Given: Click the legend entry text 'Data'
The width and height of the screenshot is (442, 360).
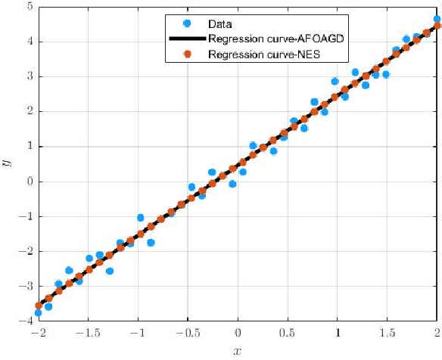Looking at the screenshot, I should tap(219, 24).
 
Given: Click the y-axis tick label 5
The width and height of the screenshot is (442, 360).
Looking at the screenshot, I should tap(29, 7).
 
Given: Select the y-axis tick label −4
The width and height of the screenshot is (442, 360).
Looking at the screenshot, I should tap(26, 321).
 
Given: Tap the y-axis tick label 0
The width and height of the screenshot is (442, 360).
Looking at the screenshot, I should tap(29, 182).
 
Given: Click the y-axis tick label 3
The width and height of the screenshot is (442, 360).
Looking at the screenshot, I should tap(29, 76).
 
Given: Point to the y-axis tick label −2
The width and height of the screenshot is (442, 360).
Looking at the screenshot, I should tap(26, 252).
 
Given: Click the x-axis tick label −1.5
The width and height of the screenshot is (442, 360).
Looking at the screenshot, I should tap(88, 334).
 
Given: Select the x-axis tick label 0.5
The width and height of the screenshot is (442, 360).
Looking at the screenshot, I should tap(288, 334).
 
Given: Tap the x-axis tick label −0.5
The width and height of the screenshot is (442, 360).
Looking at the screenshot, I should tap(188, 334).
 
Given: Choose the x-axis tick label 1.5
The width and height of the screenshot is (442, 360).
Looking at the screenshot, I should tap(388, 334).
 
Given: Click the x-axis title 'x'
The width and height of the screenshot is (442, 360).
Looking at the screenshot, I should tap(238, 351).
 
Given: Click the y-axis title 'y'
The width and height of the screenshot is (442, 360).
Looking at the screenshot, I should tap(8, 163).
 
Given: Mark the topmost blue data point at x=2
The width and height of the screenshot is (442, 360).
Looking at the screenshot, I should tap(437, 20).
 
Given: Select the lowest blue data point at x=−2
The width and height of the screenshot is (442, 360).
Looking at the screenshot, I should tap(38, 312).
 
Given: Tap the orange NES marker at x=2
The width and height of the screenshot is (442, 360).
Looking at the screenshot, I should tap(437, 26).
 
